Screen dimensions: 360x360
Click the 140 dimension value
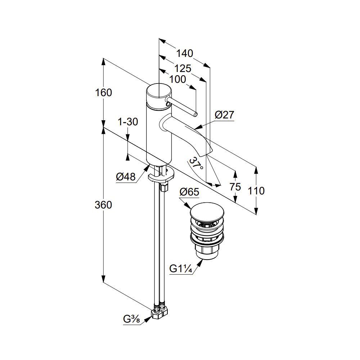(x=185, y=54)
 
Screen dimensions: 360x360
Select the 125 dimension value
(x=183, y=68)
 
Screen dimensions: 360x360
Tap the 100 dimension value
(x=177, y=80)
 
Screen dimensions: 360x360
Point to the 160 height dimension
(x=103, y=93)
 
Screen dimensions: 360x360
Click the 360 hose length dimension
(x=103, y=205)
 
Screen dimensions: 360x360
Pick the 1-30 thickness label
(x=128, y=122)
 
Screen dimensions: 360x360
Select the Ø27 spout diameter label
(x=224, y=115)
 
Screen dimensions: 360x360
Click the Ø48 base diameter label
(x=126, y=177)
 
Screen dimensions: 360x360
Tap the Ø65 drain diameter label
(x=189, y=192)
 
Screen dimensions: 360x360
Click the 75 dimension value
(x=235, y=187)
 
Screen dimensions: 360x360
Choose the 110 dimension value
(x=256, y=191)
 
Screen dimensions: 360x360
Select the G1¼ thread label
(x=181, y=269)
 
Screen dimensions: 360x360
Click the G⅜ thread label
(x=131, y=319)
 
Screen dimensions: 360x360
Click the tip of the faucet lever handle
(x=195, y=114)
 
